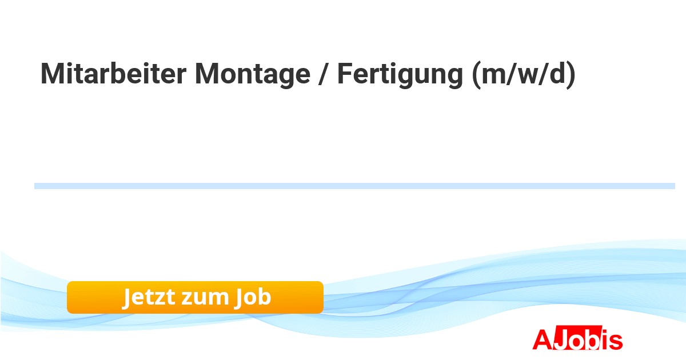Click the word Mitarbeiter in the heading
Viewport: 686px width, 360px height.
pos(113,74)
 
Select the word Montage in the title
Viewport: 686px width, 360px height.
pos(253,75)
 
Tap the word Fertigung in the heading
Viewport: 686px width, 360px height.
pos(400,75)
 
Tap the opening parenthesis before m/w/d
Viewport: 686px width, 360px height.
pos(476,75)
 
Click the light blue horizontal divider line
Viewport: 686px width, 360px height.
pos(354,186)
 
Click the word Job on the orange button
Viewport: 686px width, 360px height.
pos(253,298)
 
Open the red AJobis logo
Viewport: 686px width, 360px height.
pos(577,338)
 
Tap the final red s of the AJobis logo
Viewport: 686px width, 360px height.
pos(616,341)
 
